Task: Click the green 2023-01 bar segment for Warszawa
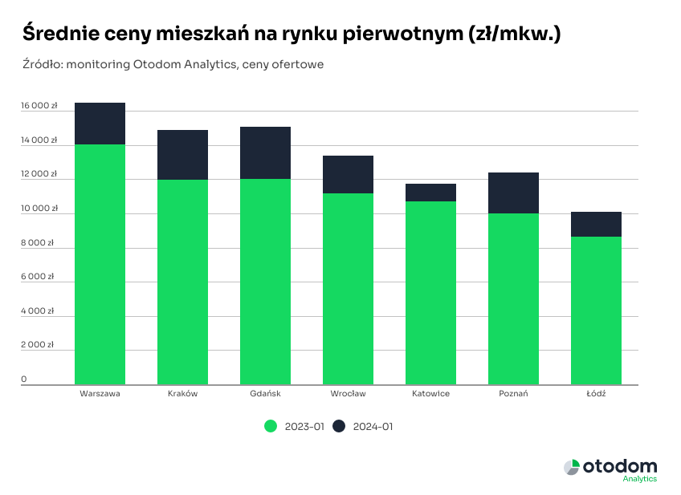pyautogui.click(x=100, y=265)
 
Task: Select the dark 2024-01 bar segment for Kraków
pyautogui.click(x=182, y=155)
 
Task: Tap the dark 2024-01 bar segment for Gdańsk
pyautogui.click(x=265, y=152)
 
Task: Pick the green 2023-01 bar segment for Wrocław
pyautogui.click(x=348, y=289)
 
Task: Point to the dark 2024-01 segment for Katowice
pyautogui.click(x=430, y=193)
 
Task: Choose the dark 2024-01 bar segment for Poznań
pyautogui.click(x=513, y=193)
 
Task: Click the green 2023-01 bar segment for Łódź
pyautogui.click(x=596, y=310)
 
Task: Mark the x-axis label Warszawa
pyautogui.click(x=100, y=394)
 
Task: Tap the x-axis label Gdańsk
pyautogui.click(x=265, y=394)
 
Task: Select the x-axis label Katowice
pyautogui.click(x=430, y=394)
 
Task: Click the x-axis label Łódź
pyautogui.click(x=596, y=394)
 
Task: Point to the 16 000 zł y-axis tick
pyautogui.click(x=39, y=105)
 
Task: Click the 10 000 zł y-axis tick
pyautogui.click(x=39, y=208)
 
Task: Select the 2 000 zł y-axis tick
pyautogui.click(x=38, y=345)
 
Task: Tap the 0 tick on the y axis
pyautogui.click(x=24, y=379)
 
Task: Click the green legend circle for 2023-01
pyautogui.click(x=271, y=427)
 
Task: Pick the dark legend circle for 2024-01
pyautogui.click(x=339, y=427)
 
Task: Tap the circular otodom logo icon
pyautogui.click(x=571, y=467)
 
